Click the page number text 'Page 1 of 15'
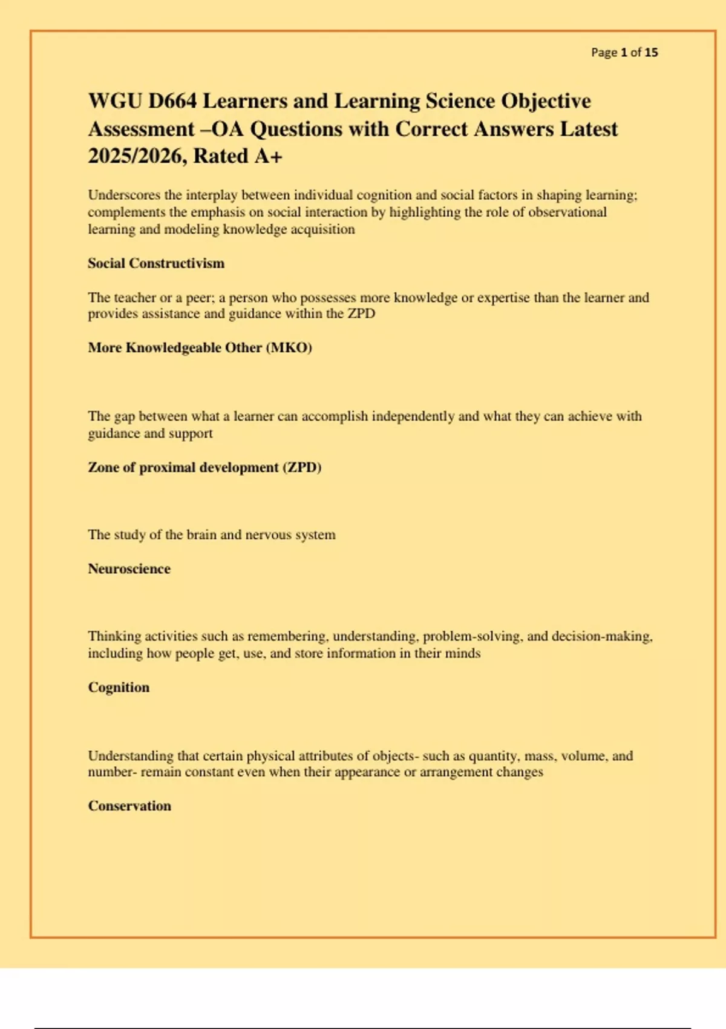624,53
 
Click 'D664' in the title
172,101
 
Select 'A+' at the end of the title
268,157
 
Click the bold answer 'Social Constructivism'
156,263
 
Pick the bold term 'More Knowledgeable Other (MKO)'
200,348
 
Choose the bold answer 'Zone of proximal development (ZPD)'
204,467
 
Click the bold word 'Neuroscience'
129,569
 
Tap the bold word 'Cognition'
119,688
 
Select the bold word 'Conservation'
129,806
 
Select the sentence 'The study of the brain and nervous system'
212,535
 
